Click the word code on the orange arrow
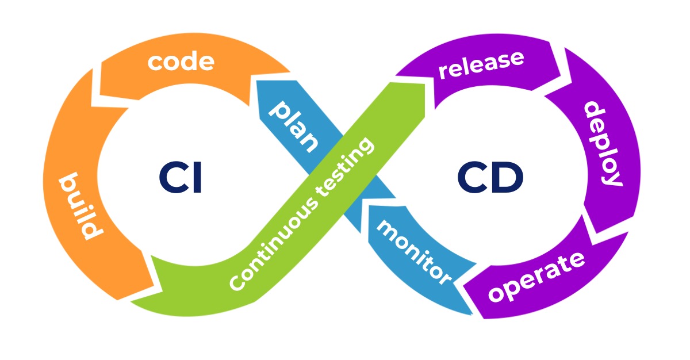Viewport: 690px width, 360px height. pyautogui.click(x=181, y=62)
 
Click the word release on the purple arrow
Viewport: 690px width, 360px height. pyautogui.click(x=481, y=64)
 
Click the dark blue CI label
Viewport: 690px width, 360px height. pyautogui.click(x=181, y=178)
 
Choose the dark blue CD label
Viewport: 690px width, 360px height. pyautogui.click(x=490, y=178)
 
